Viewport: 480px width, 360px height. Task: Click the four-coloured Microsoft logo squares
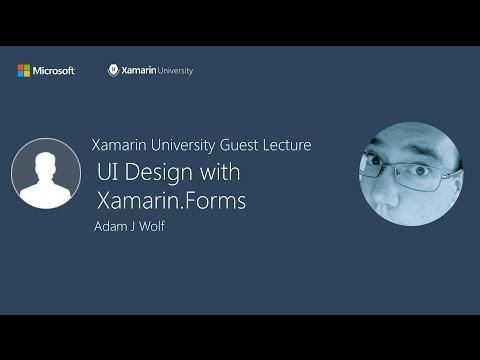23,71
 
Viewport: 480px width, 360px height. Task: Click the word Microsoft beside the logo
54,71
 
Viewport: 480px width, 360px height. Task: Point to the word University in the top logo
175,71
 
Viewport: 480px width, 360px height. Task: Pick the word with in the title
220,172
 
